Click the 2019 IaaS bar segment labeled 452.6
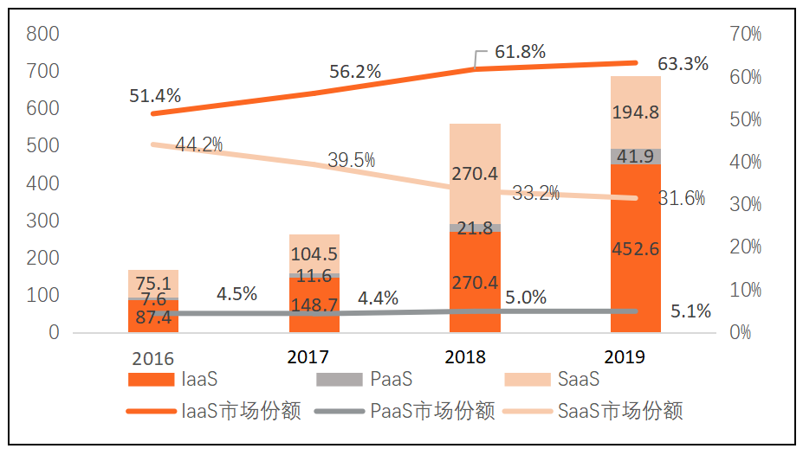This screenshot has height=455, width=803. click(x=635, y=249)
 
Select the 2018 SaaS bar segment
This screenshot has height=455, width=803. click(x=475, y=174)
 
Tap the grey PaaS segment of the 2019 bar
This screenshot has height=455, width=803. click(x=635, y=157)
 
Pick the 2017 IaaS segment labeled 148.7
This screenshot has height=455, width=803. click(x=314, y=304)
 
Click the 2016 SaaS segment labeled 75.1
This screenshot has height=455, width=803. click(x=153, y=284)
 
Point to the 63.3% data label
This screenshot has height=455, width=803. click(x=683, y=64)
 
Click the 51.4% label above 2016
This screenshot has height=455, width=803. click(x=155, y=96)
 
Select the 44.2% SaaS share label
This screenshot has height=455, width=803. click(x=198, y=144)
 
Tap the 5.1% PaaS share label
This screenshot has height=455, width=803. click(x=690, y=311)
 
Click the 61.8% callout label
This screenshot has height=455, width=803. click(x=520, y=52)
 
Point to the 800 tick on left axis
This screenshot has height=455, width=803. click(x=42, y=35)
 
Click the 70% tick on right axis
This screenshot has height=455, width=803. click(x=745, y=35)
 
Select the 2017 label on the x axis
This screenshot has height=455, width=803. click(x=308, y=356)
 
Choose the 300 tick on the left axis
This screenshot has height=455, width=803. click(x=42, y=221)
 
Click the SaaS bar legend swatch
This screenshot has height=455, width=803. click(x=526, y=380)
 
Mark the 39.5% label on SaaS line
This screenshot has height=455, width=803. click(x=351, y=160)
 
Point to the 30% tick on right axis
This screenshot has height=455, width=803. click(x=745, y=204)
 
